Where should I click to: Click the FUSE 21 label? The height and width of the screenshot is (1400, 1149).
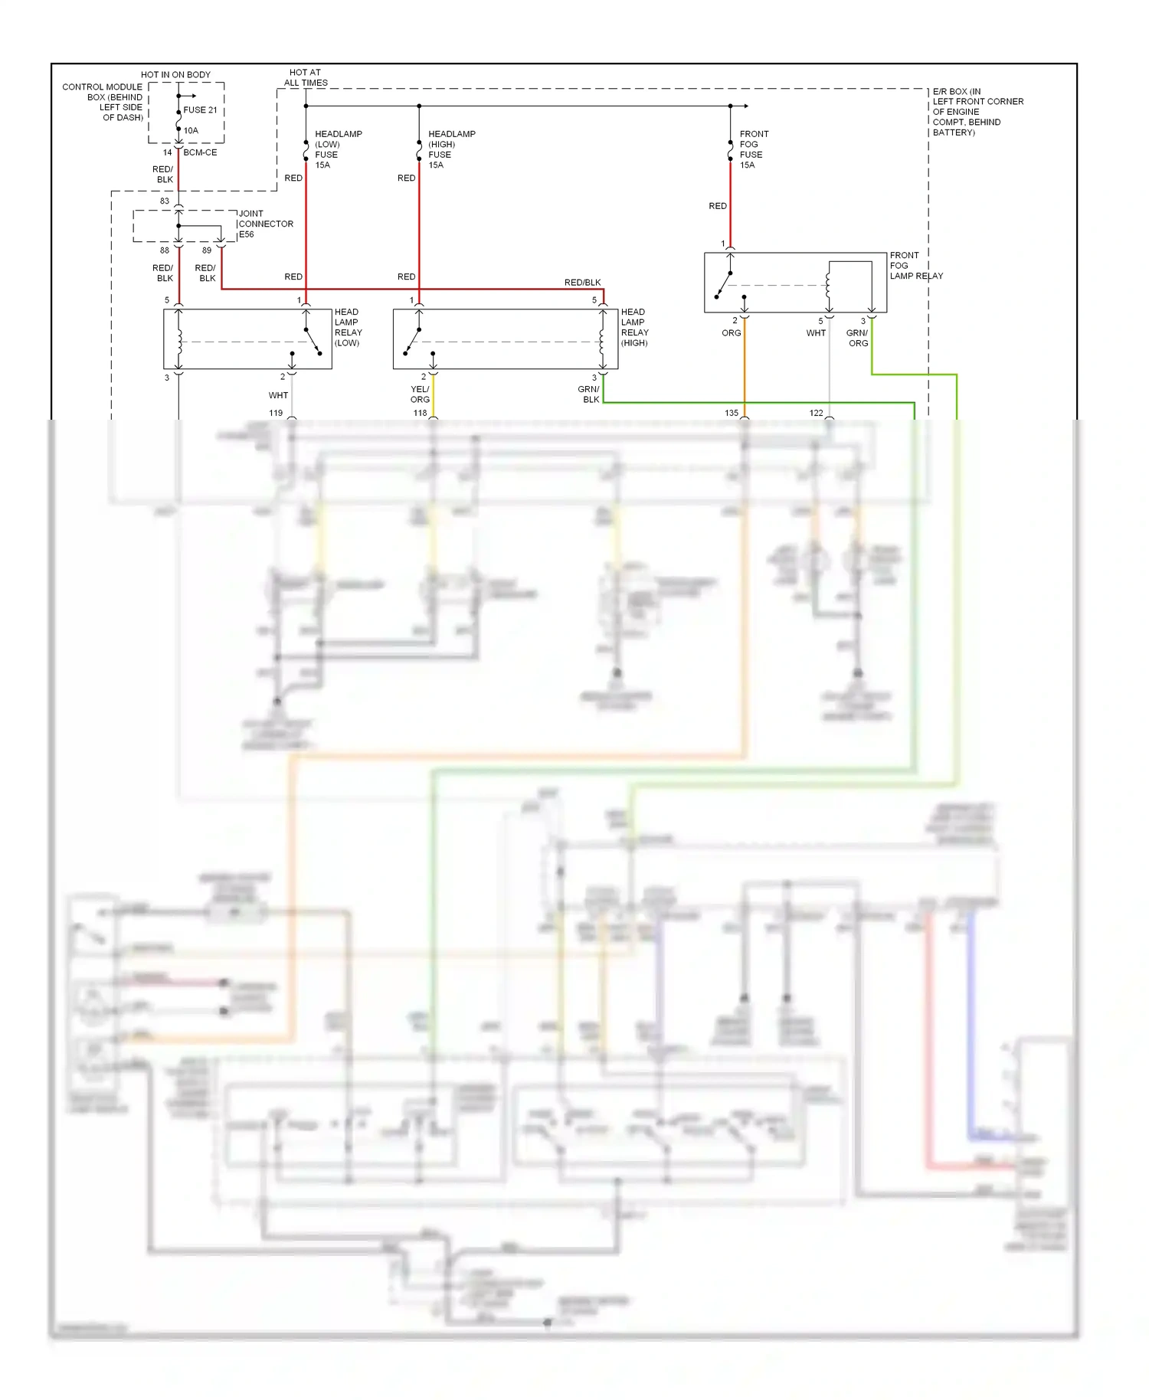point(200,110)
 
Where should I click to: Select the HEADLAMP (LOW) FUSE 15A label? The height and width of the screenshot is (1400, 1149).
point(338,149)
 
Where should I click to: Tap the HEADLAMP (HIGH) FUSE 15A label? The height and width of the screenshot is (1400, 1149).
point(451,149)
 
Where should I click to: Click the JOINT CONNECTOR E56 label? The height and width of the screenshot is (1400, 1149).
point(265,224)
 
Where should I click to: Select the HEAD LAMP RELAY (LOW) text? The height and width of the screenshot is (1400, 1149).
point(348,327)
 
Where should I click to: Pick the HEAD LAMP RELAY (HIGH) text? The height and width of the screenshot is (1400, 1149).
point(634,327)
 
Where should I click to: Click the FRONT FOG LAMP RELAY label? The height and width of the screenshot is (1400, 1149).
point(915,265)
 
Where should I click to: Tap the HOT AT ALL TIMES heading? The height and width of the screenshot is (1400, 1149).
point(306,77)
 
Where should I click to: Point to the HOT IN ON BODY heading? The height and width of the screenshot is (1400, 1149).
point(175,74)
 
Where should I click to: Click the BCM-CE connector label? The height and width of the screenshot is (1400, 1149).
point(200,152)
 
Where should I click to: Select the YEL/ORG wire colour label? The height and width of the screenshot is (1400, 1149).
point(420,394)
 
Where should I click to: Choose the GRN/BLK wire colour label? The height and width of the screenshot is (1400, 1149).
point(589,394)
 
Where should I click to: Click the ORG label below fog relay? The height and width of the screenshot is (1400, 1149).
point(731,332)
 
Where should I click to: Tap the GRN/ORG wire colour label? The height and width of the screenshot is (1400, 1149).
point(857,338)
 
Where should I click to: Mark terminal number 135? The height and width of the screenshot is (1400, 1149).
point(732,413)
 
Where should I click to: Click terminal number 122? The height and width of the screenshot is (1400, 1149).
point(816,413)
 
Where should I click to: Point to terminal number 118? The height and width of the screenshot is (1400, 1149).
point(420,413)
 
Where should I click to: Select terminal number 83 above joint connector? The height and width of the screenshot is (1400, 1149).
point(165,201)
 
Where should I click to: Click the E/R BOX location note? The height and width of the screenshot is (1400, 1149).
point(977,112)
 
